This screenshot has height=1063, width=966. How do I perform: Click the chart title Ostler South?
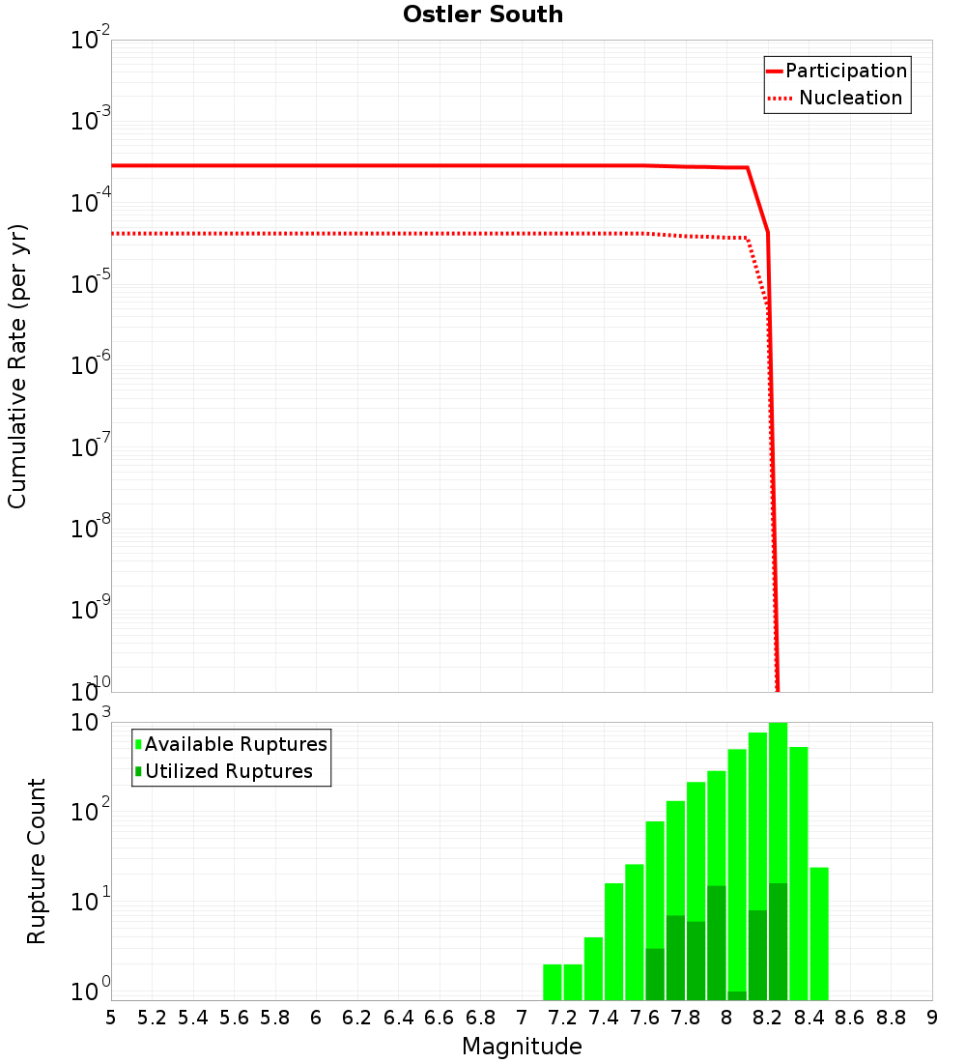[x=483, y=15]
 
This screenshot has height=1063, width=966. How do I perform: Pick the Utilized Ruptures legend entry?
[x=228, y=772]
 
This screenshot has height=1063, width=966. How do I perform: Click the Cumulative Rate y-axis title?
[x=17, y=366]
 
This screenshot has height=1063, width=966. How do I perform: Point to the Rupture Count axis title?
[x=37, y=861]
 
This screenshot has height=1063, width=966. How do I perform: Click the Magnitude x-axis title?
[x=522, y=1047]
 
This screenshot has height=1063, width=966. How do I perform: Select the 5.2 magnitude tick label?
[x=152, y=1018]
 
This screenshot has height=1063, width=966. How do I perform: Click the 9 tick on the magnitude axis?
[x=932, y=1018]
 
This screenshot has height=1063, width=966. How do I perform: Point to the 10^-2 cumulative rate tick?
[x=91, y=41]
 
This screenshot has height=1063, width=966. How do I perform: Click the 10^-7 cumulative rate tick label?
[x=91, y=447]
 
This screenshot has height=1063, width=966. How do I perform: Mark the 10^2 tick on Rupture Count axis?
[x=91, y=813]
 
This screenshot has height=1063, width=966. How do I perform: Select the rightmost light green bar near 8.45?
[x=819, y=933]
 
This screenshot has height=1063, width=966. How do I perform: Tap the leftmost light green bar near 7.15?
[x=553, y=982]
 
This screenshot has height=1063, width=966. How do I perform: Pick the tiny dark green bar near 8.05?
[x=737, y=995]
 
